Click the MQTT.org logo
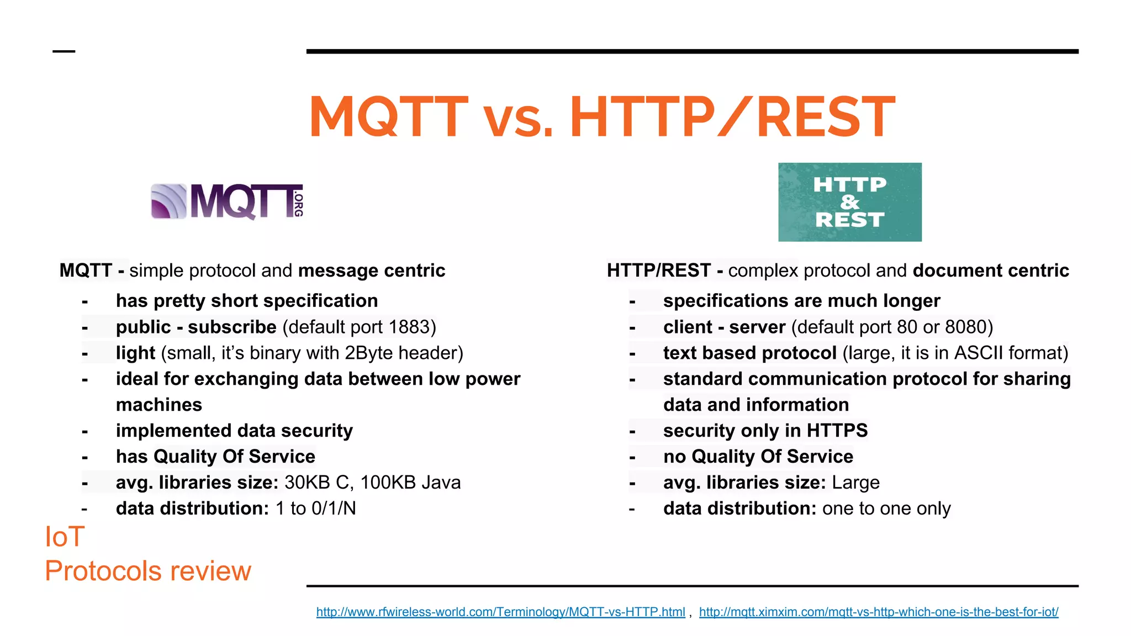(x=227, y=202)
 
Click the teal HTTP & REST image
(x=849, y=202)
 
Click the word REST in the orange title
(x=825, y=117)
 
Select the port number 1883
(x=410, y=327)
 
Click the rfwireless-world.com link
(x=500, y=612)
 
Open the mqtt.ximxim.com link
(x=878, y=612)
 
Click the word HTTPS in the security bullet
(x=837, y=431)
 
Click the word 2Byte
(x=369, y=353)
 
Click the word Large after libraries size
(x=855, y=483)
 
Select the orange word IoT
(x=65, y=537)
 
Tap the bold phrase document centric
(x=991, y=271)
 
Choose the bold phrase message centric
(x=371, y=271)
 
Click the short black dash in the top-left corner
(x=64, y=51)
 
